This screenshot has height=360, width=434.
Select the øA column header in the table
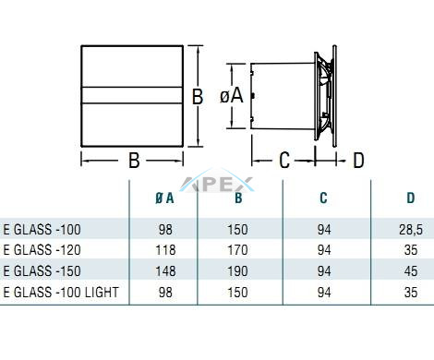164,198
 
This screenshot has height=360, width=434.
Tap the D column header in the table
411,198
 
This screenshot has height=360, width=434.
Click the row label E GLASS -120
42,250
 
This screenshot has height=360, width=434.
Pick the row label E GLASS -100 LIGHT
61,292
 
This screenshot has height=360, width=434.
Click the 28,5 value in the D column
411,230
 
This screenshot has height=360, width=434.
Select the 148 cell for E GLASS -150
165,271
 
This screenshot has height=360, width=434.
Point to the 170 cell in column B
237,250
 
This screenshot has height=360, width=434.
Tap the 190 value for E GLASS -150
237,271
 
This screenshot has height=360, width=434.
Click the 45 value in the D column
411,271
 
